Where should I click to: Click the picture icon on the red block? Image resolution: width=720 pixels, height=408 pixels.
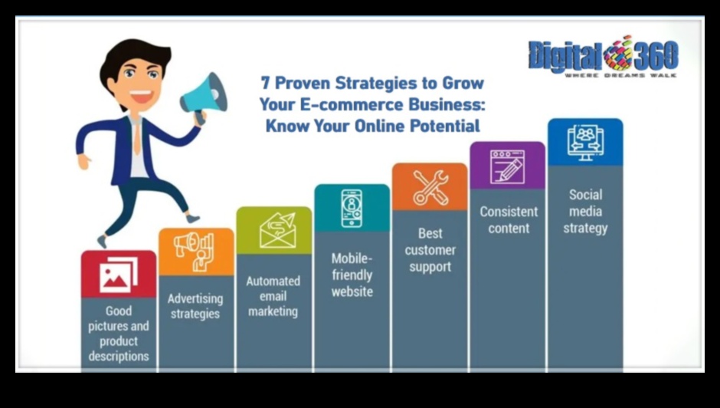(x=119, y=275)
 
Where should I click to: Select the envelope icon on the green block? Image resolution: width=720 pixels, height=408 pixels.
(x=278, y=230)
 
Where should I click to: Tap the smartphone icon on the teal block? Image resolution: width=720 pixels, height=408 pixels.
(x=352, y=208)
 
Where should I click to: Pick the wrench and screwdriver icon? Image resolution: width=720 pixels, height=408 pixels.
(x=430, y=187)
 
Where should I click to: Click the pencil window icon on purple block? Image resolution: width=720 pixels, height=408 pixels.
(x=507, y=166)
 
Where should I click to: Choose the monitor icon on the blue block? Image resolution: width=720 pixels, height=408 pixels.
(x=585, y=142)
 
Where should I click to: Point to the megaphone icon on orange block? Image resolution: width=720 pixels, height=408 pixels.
(x=195, y=251)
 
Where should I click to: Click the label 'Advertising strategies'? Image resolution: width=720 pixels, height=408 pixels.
(x=195, y=306)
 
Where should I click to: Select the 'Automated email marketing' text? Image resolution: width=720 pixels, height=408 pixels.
(x=273, y=296)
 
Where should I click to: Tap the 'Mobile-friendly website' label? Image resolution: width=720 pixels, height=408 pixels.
(x=352, y=275)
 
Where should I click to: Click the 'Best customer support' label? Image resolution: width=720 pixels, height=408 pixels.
(x=430, y=250)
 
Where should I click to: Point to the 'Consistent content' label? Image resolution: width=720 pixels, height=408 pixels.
(x=509, y=220)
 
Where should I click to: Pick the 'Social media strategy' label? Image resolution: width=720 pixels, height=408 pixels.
(x=585, y=211)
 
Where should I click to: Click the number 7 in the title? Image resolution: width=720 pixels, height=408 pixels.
(x=265, y=84)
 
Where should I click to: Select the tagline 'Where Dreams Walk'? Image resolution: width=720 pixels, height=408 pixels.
(x=620, y=75)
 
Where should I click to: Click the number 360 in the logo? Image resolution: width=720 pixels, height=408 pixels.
(x=656, y=54)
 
